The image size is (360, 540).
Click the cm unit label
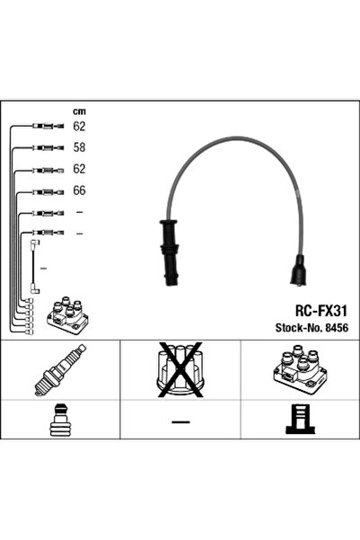pos(79,111)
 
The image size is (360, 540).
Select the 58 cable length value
pos(79,147)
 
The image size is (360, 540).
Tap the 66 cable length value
pos(79,190)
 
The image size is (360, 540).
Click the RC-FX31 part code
pos(321,311)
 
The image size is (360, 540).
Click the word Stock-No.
pos(298,328)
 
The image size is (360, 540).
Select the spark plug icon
pos(60,369)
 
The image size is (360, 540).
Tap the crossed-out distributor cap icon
pos(180,369)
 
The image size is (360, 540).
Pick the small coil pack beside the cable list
pos(68,314)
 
